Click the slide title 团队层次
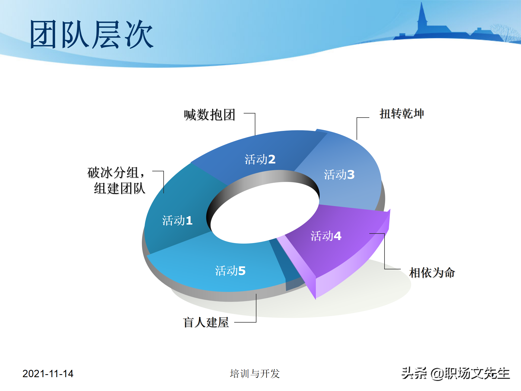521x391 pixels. click(92, 35)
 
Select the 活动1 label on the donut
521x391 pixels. click(177, 220)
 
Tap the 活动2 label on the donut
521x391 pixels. click(260, 159)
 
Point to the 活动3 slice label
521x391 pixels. click(339, 175)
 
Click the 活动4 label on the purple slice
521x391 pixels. click(326, 236)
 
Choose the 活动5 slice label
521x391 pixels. click(230, 271)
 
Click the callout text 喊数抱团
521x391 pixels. click(209, 115)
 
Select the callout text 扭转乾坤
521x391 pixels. click(402, 114)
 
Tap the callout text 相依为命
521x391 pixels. click(432, 273)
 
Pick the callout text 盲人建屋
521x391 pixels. click(206, 323)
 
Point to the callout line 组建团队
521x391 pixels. click(119, 188)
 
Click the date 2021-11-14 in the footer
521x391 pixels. click(48, 374)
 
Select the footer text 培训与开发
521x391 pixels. click(255, 374)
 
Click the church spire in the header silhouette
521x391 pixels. click(422, 16)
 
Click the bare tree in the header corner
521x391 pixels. click(505, 33)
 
